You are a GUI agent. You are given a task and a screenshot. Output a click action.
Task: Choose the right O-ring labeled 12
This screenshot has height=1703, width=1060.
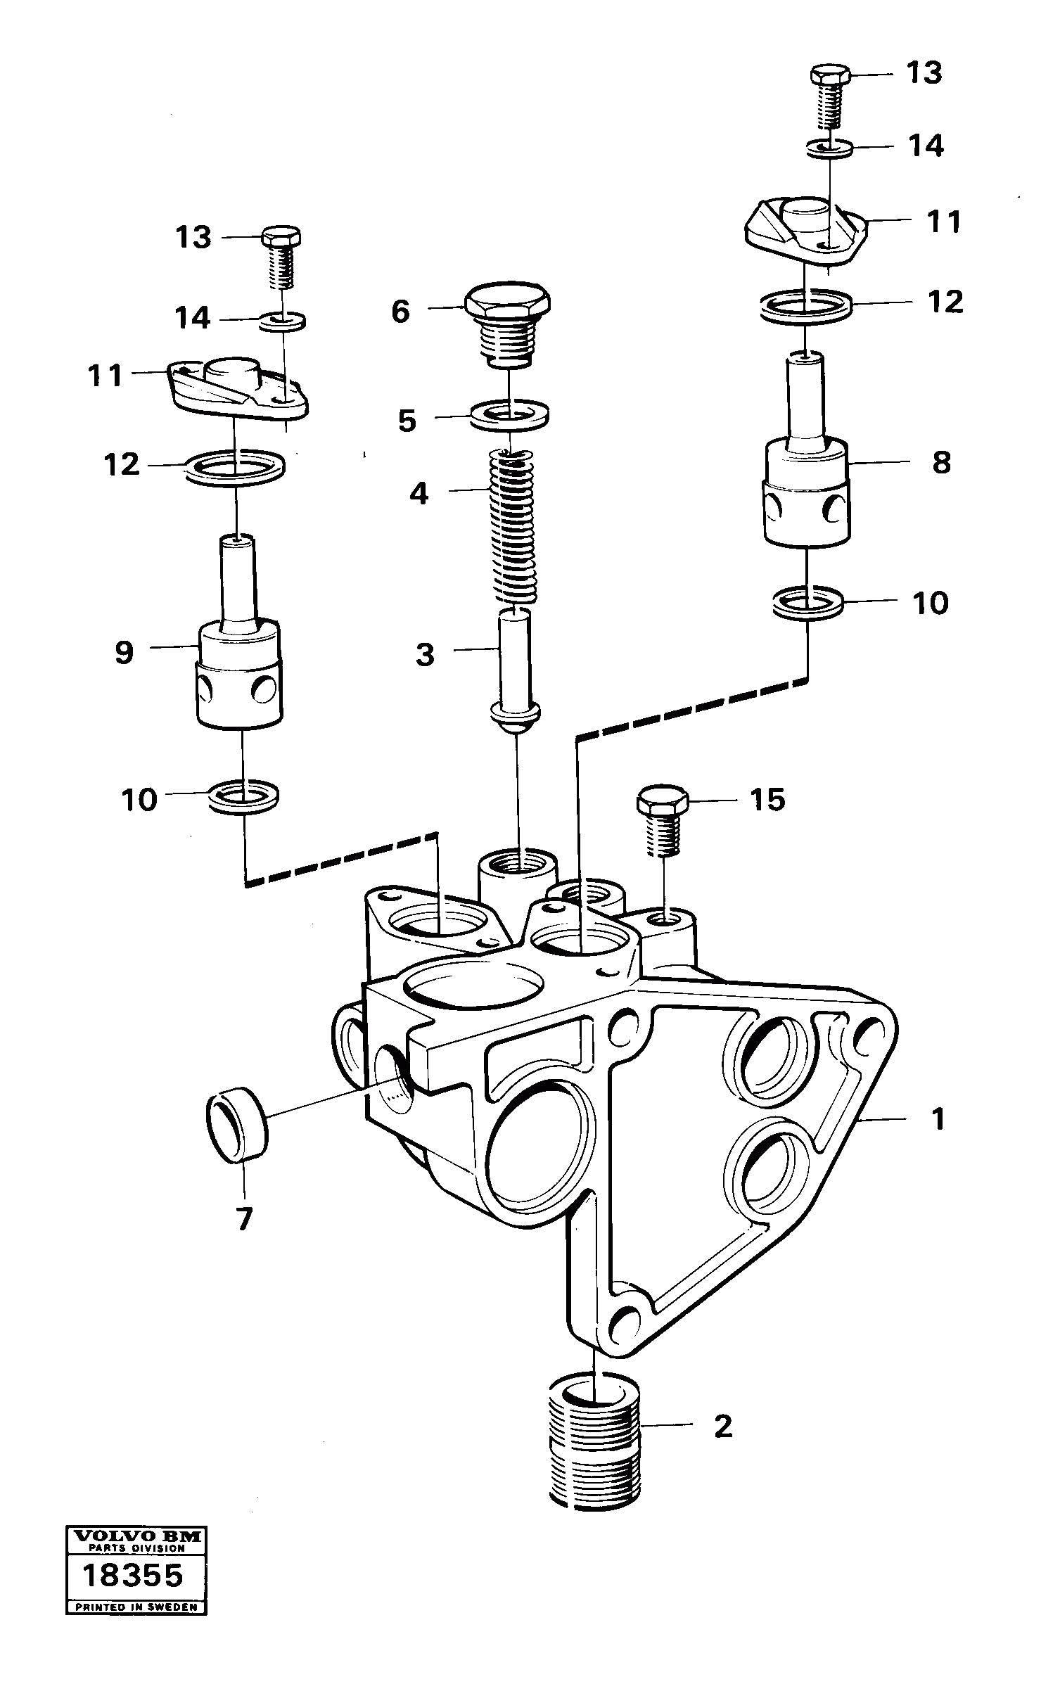pos(805,307)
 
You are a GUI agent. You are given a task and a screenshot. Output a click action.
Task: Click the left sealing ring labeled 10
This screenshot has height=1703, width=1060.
pos(243,796)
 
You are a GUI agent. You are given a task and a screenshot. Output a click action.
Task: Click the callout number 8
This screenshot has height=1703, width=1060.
pos(941,463)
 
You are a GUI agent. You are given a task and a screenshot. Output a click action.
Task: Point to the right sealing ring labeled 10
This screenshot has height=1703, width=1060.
pos(807,604)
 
